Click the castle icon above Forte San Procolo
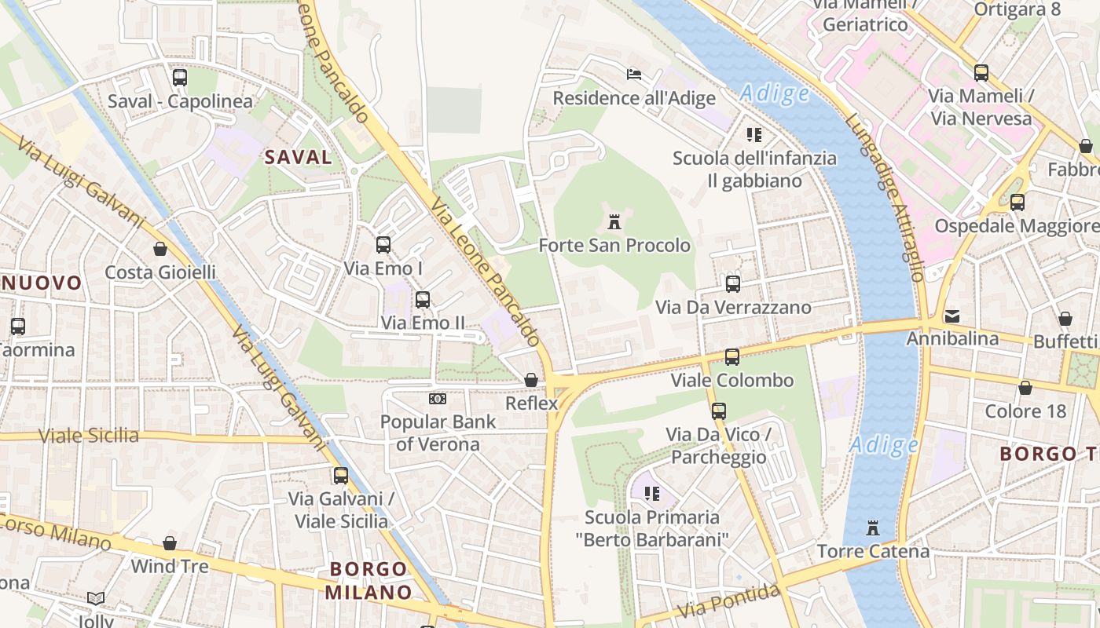click(x=614, y=222)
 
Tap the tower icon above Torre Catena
click(x=872, y=527)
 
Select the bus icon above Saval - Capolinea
click(x=180, y=78)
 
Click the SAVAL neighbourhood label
click(x=298, y=157)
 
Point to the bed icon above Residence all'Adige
click(x=634, y=75)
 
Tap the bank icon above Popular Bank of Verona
click(x=438, y=399)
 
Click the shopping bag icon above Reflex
click(x=531, y=380)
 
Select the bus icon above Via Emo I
click(x=383, y=245)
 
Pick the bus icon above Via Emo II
click(x=423, y=299)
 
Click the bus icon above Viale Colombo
click(x=732, y=357)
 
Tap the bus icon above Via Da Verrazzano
click(x=733, y=283)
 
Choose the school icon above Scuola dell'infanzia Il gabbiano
click(x=754, y=135)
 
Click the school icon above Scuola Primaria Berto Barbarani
click(x=651, y=494)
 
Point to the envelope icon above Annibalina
click(x=952, y=316)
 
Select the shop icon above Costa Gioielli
click(x=160, y=250)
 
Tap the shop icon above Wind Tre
click(x=170, y=543)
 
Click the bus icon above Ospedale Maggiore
click(x=1017, y=203)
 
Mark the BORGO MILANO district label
click(x=368, y=580)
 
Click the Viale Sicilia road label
click(x=89, y=436)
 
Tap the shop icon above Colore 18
click(x=1025, y=388)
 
